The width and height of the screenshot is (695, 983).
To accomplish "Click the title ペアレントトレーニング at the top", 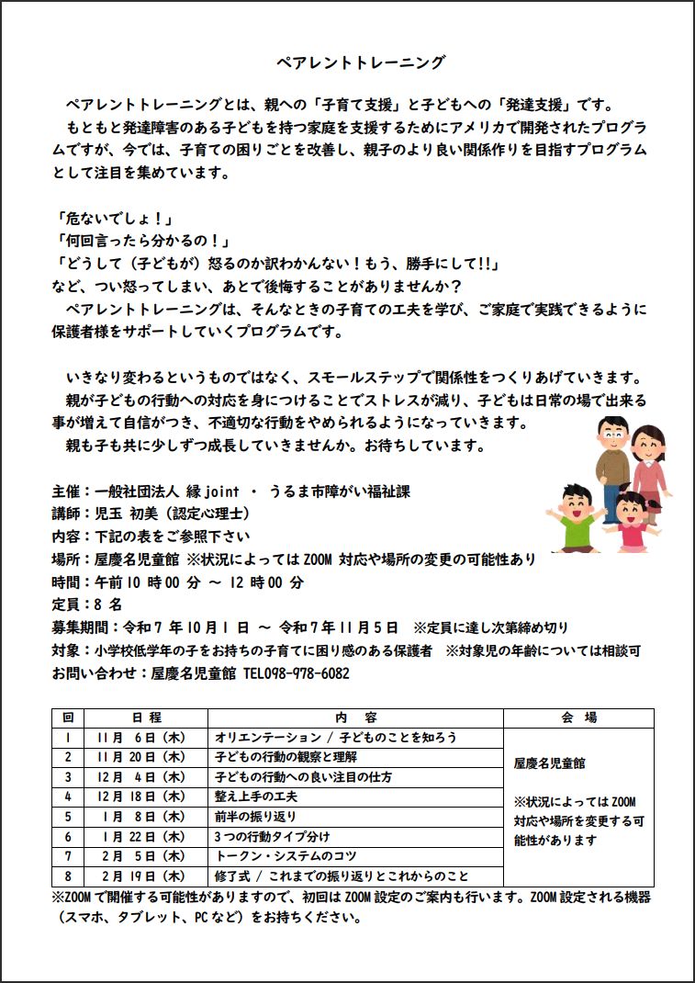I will [x=361, y=62].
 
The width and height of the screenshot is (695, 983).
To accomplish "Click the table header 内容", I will [x=355, y=717].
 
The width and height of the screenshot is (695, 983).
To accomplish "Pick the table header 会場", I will [x=578, y=717].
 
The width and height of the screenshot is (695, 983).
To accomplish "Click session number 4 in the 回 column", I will [x=68, y=797].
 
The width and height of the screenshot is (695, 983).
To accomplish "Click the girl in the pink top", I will [x=633, y=524].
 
